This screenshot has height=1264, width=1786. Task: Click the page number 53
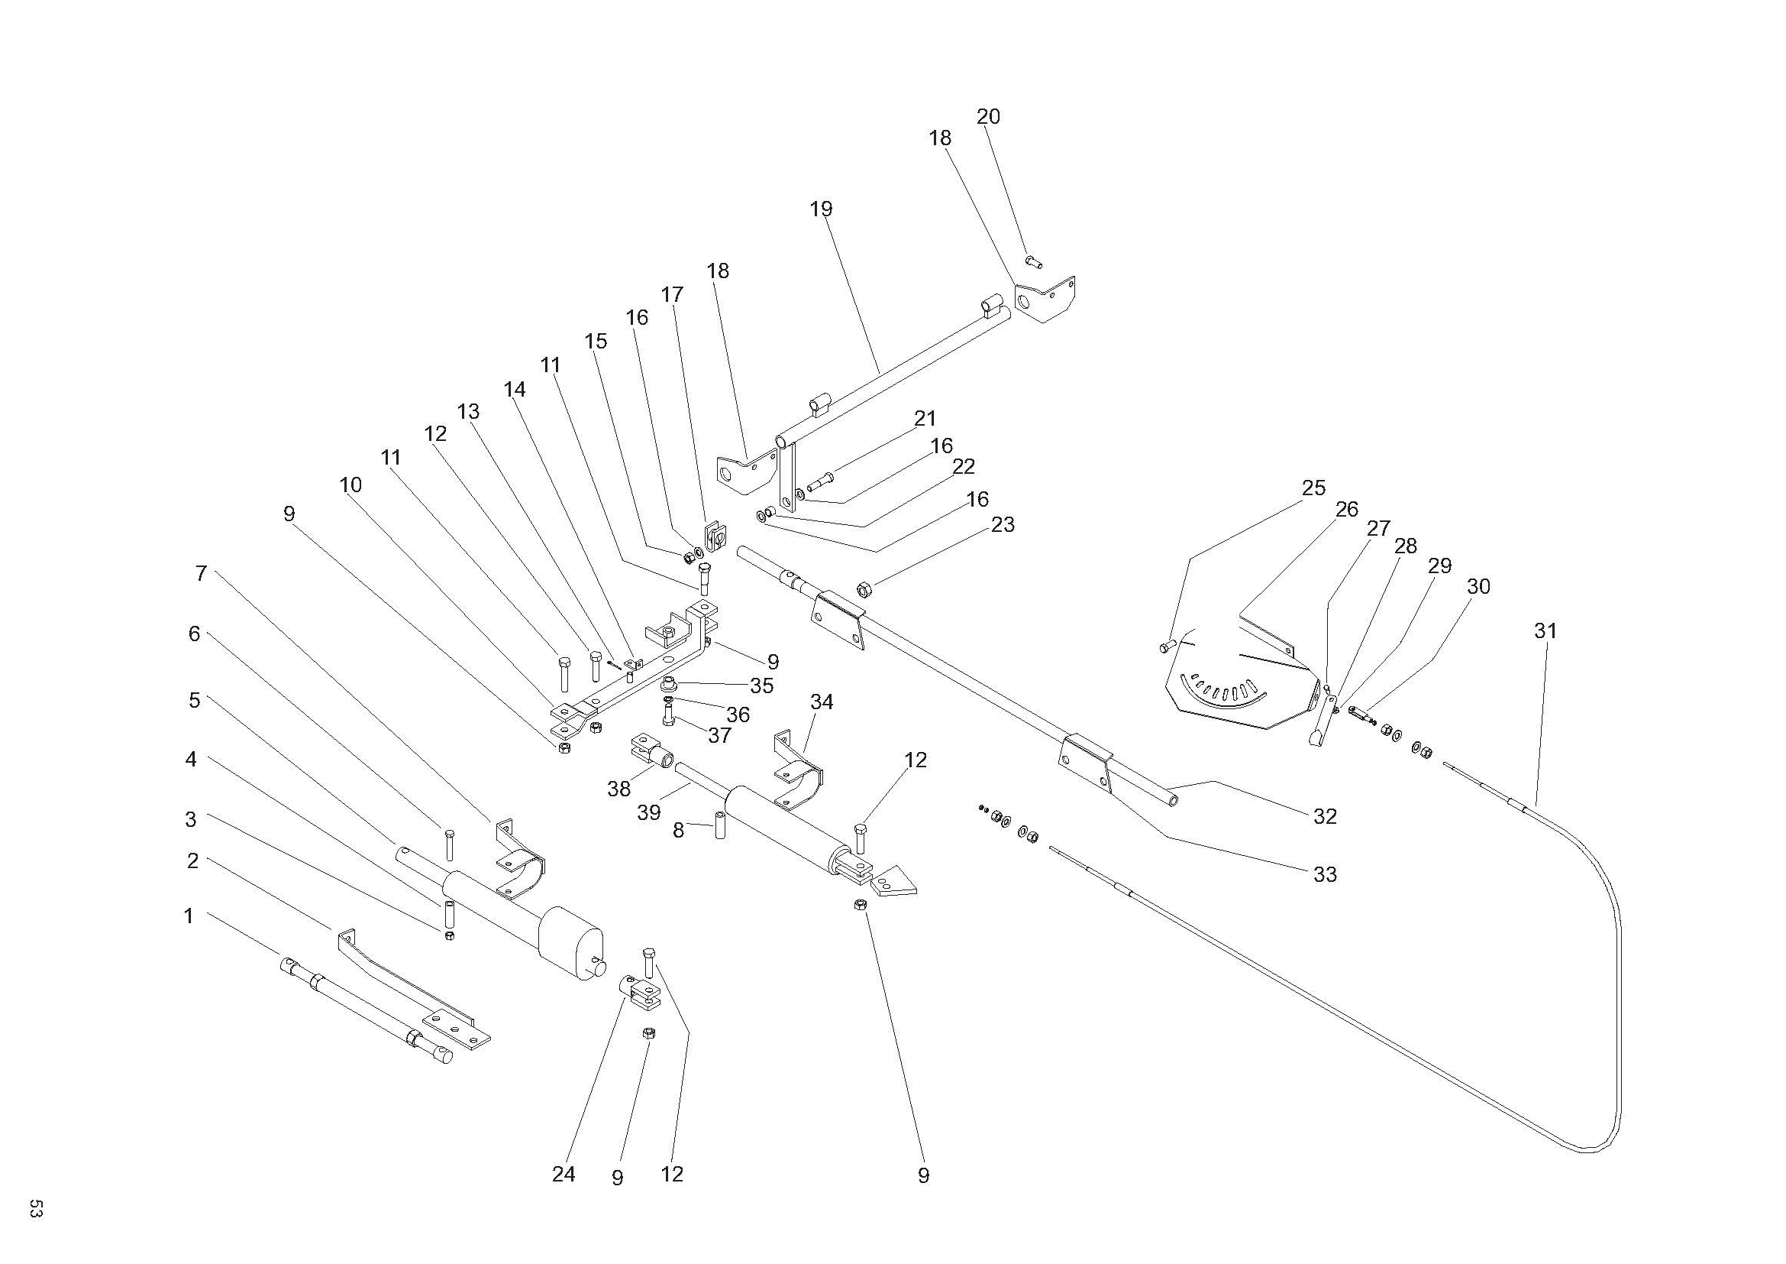(35, 1210)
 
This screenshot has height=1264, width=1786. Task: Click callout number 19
(821, 209)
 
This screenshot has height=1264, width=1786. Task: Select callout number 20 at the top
(988, 117)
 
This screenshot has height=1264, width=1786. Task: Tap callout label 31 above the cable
(1545, 631)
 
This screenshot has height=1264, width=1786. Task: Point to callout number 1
(189, 916)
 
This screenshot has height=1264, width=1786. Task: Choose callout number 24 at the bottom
(564, 1174)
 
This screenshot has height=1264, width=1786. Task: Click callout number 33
(1325, 874)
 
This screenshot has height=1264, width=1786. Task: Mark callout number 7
(202, 574)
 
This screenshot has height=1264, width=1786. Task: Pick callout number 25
(1313, 488)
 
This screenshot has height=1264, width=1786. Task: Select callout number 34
(822, 702)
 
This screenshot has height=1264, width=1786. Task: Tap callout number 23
(1003, 524)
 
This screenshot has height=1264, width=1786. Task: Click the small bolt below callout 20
(1033, 261)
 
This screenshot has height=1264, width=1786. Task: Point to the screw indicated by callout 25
(1167, 645)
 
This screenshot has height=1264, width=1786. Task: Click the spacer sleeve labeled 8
(720, 825)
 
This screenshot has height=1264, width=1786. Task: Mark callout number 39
(648, 812)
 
